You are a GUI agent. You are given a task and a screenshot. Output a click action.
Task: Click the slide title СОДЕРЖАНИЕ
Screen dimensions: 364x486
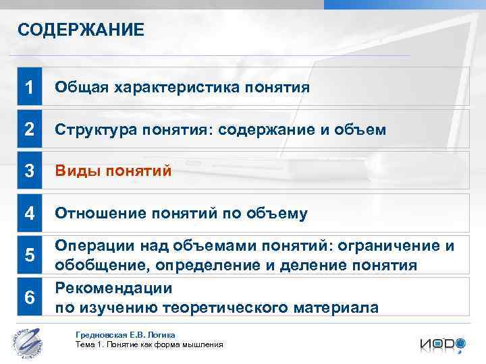pyautogui.click(x=80, y=30)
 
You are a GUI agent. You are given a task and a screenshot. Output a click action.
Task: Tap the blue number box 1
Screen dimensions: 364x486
pyautogui.click(x=29, y=87)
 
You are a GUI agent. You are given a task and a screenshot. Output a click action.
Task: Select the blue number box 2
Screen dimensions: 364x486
pyautogui.click(x=29, y=129)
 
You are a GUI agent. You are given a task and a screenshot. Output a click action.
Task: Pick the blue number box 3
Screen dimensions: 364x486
pyautogui.click(x=29, y=171)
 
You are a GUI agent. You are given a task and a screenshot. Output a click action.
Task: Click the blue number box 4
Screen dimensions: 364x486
pyautogui.click(x=29, y=214)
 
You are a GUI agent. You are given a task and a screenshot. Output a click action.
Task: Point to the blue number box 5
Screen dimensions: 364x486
pyautogui.click(x=29, y=255)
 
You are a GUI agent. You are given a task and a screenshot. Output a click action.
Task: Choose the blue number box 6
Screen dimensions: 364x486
pyautogui.click(x=29, y=297)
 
